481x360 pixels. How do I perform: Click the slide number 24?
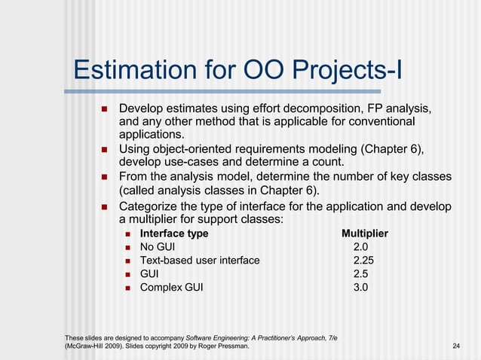coord(456,346)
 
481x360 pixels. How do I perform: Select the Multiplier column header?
coord(365,233)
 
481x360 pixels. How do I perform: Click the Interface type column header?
coord(174,233)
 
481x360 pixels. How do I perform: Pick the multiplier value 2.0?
coord(360,247)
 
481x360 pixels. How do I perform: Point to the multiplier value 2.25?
coord(363,260)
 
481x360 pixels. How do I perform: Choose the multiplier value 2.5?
coord(360,273)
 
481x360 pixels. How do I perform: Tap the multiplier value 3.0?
coord(360,286)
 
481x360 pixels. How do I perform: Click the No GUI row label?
coord(158,247)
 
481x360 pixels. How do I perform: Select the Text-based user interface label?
coord(200,260)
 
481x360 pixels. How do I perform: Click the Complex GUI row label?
coord(171,286)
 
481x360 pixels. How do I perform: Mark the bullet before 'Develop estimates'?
coord(105,108)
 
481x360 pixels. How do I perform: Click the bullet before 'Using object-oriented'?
coord(105,149)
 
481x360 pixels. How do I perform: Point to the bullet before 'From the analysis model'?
coord(105,176)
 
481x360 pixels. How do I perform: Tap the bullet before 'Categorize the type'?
coord(105,206)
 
